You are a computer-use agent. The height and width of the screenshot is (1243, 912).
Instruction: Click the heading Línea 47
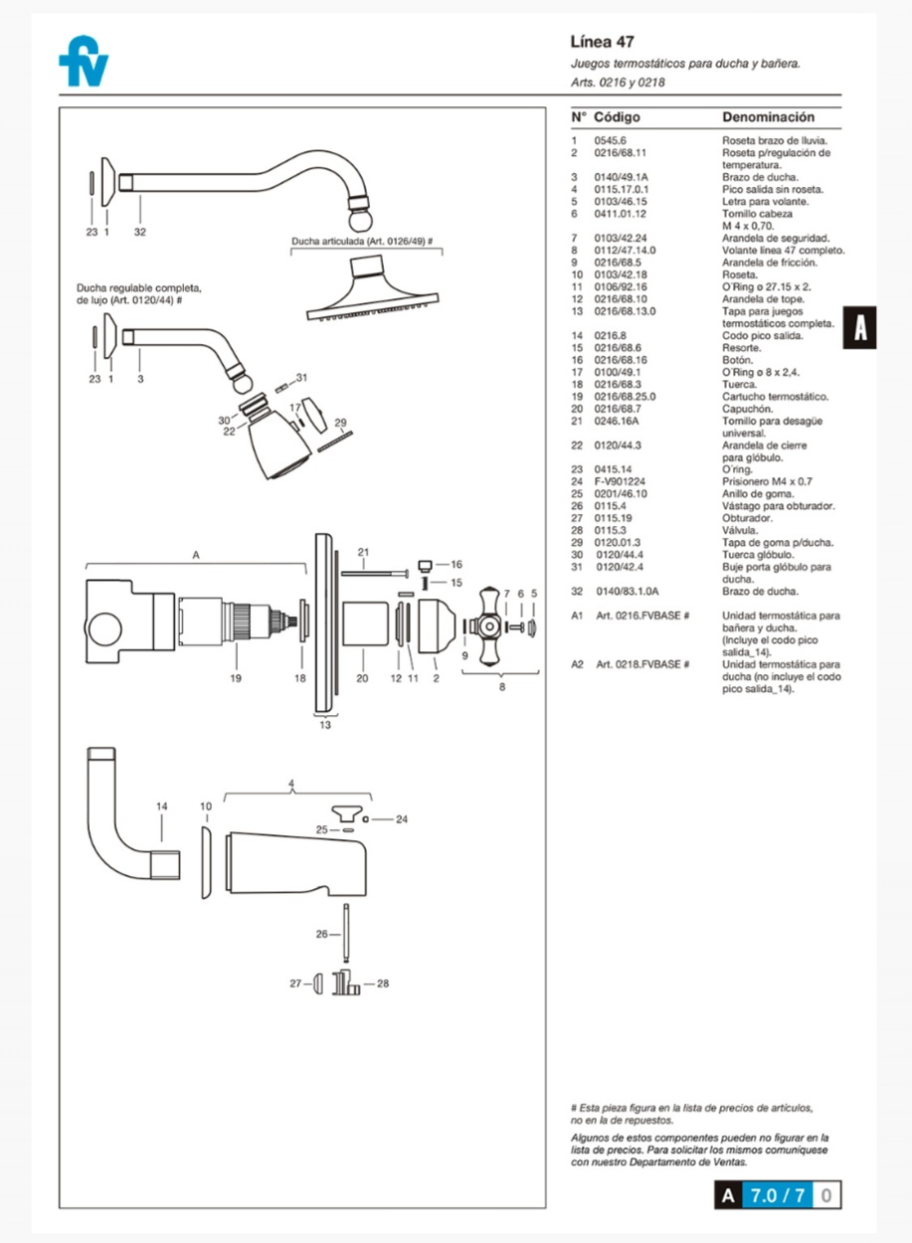pyautogui.click(x=602, y=42)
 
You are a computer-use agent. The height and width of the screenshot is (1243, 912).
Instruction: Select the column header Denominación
pyautogui.click(x=768, y=117)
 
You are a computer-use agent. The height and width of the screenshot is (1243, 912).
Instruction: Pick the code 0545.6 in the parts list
pyautogui.click(x=608, y=141)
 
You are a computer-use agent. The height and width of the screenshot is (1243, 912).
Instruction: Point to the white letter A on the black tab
pyautogui.click(x=860, y=328)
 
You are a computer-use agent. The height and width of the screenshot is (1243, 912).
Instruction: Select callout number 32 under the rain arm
pyautogui.click(x=140, y=232)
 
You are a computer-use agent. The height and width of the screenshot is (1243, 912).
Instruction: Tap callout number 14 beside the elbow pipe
pyautogui.click(x=162, y=805)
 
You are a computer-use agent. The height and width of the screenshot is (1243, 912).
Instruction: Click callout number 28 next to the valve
pyautogui.click(x=383, y=983)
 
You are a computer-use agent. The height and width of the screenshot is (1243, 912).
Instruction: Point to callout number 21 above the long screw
pyautogui.click(x=363, y=552)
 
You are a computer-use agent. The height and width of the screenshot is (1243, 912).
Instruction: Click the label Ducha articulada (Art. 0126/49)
pyautogui.click(x=362, y=242)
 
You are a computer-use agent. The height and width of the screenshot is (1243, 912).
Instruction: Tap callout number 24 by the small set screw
pyautogui.click(x=401, y=820)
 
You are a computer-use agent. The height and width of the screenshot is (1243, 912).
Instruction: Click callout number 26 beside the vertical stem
pyautogui.click(x=321, y=934)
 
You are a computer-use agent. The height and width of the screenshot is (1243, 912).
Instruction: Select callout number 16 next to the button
pyautogui.click(x=456, y=564)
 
